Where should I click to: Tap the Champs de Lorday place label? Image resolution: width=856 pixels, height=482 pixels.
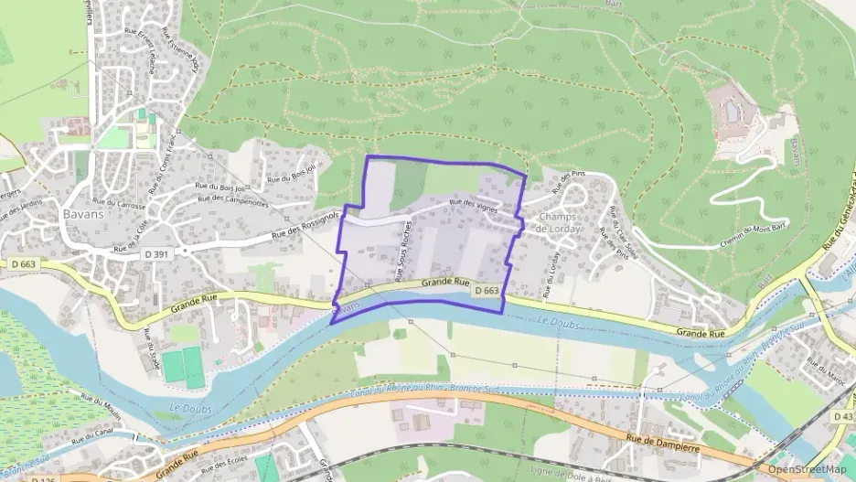click(560, 222)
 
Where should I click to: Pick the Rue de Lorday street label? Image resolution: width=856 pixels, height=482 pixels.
click(550, 274)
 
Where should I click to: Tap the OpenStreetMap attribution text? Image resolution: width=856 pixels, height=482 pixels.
click(808, 469)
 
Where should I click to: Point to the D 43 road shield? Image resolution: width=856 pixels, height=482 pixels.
click(842, 416)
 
